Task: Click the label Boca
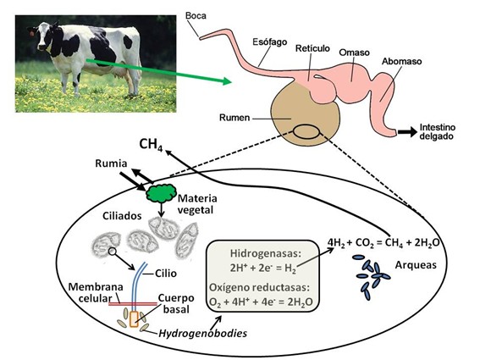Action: [x=196, y=15]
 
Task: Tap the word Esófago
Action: [x=270, y=42]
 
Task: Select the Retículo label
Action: [x=312, y=48]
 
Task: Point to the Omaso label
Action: [x=354, y=53]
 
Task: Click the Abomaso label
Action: [x=401, y=61]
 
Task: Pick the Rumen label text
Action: [x=234, y=118]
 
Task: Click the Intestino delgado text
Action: [x=438, y=132]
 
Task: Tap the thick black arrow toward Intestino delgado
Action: [x=407, y=132]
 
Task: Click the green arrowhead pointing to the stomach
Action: [x=227, y=81]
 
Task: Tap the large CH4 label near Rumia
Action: [x=151, y=144]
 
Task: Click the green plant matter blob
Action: [x=161, y=193]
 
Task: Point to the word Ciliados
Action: [x=122, y=216]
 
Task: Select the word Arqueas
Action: [x=416, y=265]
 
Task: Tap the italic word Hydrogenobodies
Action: [x=202, y=333]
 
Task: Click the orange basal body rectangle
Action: [x=134, y=319]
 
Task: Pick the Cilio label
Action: [x=166, y=273]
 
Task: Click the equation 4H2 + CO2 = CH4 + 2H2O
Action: [x=383, y=242]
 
